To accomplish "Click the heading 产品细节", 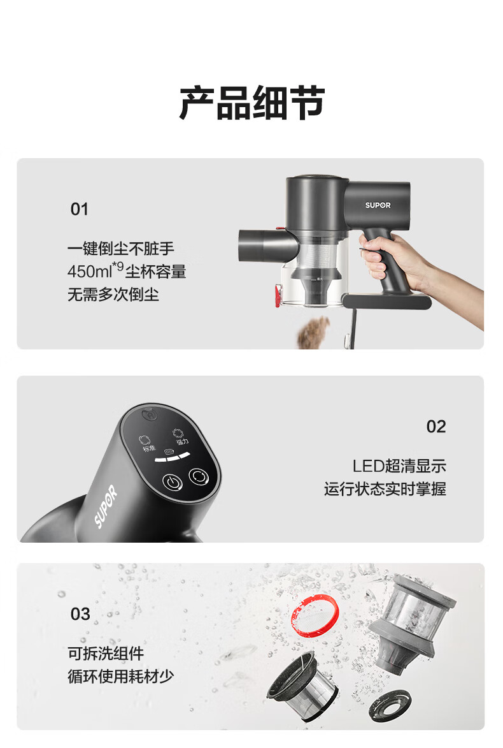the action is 252,103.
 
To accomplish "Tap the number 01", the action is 80,209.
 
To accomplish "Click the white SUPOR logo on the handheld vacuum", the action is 378,205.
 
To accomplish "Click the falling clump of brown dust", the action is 315,332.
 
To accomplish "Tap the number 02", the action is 436,427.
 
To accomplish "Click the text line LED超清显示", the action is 399,466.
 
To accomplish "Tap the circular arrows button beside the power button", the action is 199,476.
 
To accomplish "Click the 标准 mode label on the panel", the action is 148,448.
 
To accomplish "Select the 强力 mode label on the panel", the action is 183,442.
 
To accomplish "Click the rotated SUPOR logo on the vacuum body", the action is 106,506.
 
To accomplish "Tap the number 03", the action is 80,614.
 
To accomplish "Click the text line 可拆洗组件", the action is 106,653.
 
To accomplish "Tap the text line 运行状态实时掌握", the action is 385,489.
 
